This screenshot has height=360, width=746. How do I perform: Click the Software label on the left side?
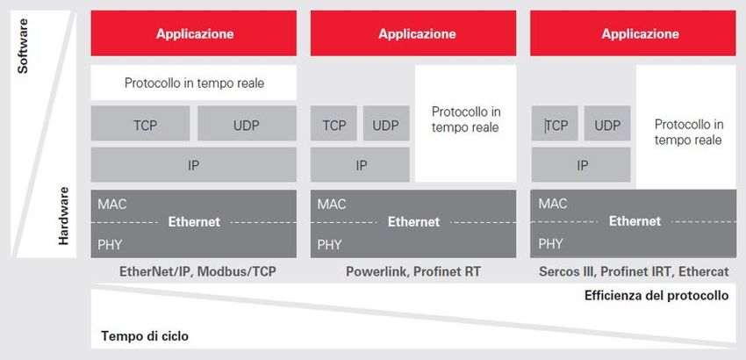coord(22,47)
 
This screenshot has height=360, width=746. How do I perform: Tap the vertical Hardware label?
coord(63,216)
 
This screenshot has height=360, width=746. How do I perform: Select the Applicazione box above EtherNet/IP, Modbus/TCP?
coord(194,33)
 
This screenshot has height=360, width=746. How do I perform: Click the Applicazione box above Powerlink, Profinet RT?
coord(413,33)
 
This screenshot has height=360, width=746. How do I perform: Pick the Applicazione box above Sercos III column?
coord(634,33)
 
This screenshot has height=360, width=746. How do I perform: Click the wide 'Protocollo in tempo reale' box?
coord(194,83)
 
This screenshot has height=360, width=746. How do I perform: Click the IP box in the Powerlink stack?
coord(360,165)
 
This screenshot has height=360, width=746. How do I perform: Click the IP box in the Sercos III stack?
coord(581,165)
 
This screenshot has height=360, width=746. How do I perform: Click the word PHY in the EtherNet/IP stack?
coord(110,245)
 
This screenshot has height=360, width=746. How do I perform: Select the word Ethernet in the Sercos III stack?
coord(635,221)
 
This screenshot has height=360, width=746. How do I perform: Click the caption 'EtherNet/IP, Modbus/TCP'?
coord(197,272)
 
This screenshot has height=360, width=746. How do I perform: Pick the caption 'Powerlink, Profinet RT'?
coord(413,272)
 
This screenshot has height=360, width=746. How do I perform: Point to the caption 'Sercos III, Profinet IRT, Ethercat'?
coord(634,272)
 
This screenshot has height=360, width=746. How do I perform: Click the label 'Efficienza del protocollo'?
coord(656,296)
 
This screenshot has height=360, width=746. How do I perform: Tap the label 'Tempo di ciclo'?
coord(145,336)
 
